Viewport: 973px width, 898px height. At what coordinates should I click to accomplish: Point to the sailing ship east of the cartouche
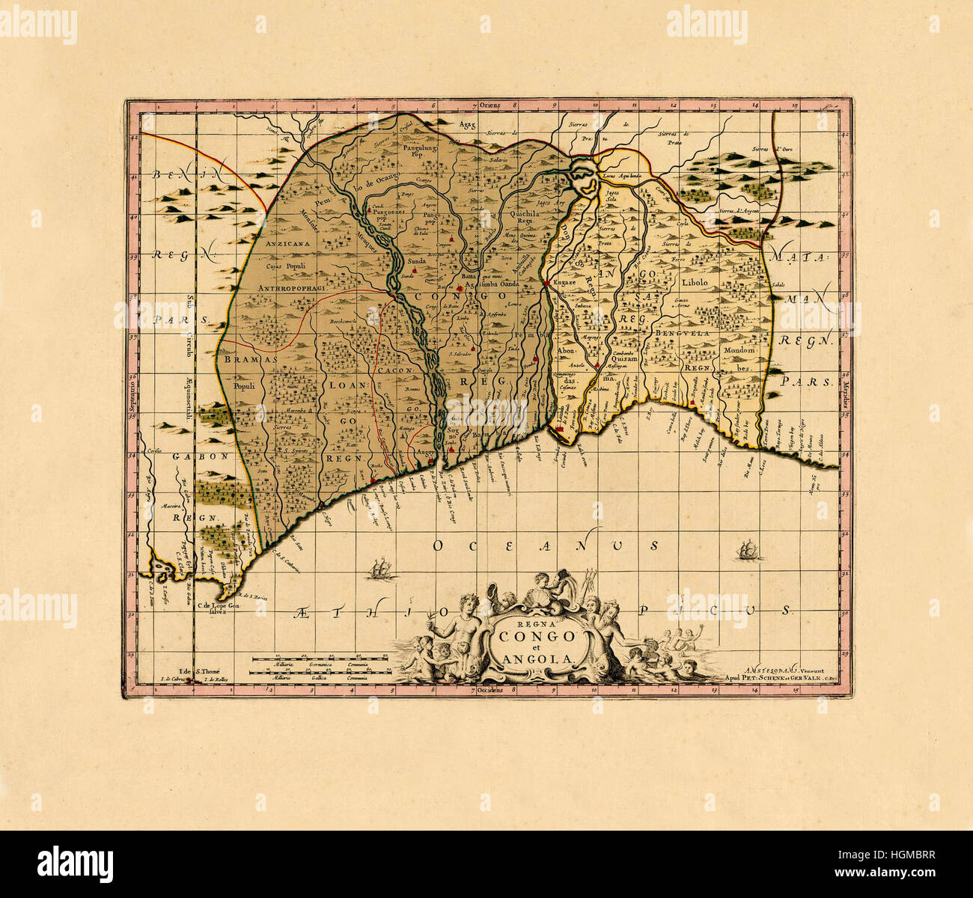(746, 551)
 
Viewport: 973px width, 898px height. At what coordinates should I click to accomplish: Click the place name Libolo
(700, 283)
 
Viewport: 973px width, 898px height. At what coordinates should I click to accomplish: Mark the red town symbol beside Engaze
(547, 283)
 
